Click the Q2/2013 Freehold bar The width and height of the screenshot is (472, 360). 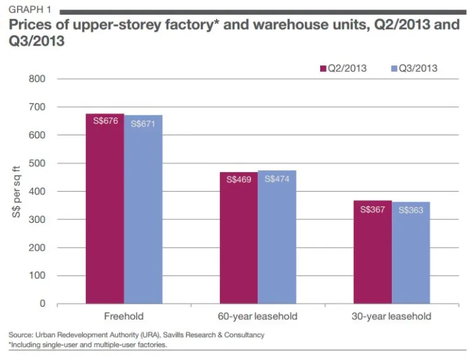105,210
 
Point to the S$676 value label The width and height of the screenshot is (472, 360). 105,121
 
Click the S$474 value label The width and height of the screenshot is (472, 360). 277,179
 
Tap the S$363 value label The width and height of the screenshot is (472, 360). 411,210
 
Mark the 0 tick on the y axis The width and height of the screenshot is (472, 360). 43,303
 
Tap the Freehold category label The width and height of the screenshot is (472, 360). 124,316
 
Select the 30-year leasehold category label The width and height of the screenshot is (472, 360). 391,316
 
